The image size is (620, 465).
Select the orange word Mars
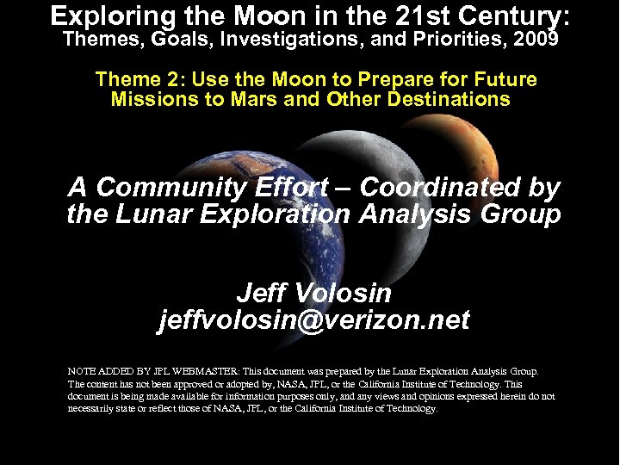(x=257, y=99)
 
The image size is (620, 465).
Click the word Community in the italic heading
(x=164, y=188)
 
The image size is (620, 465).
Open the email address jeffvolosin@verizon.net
(x=313, y=320)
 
